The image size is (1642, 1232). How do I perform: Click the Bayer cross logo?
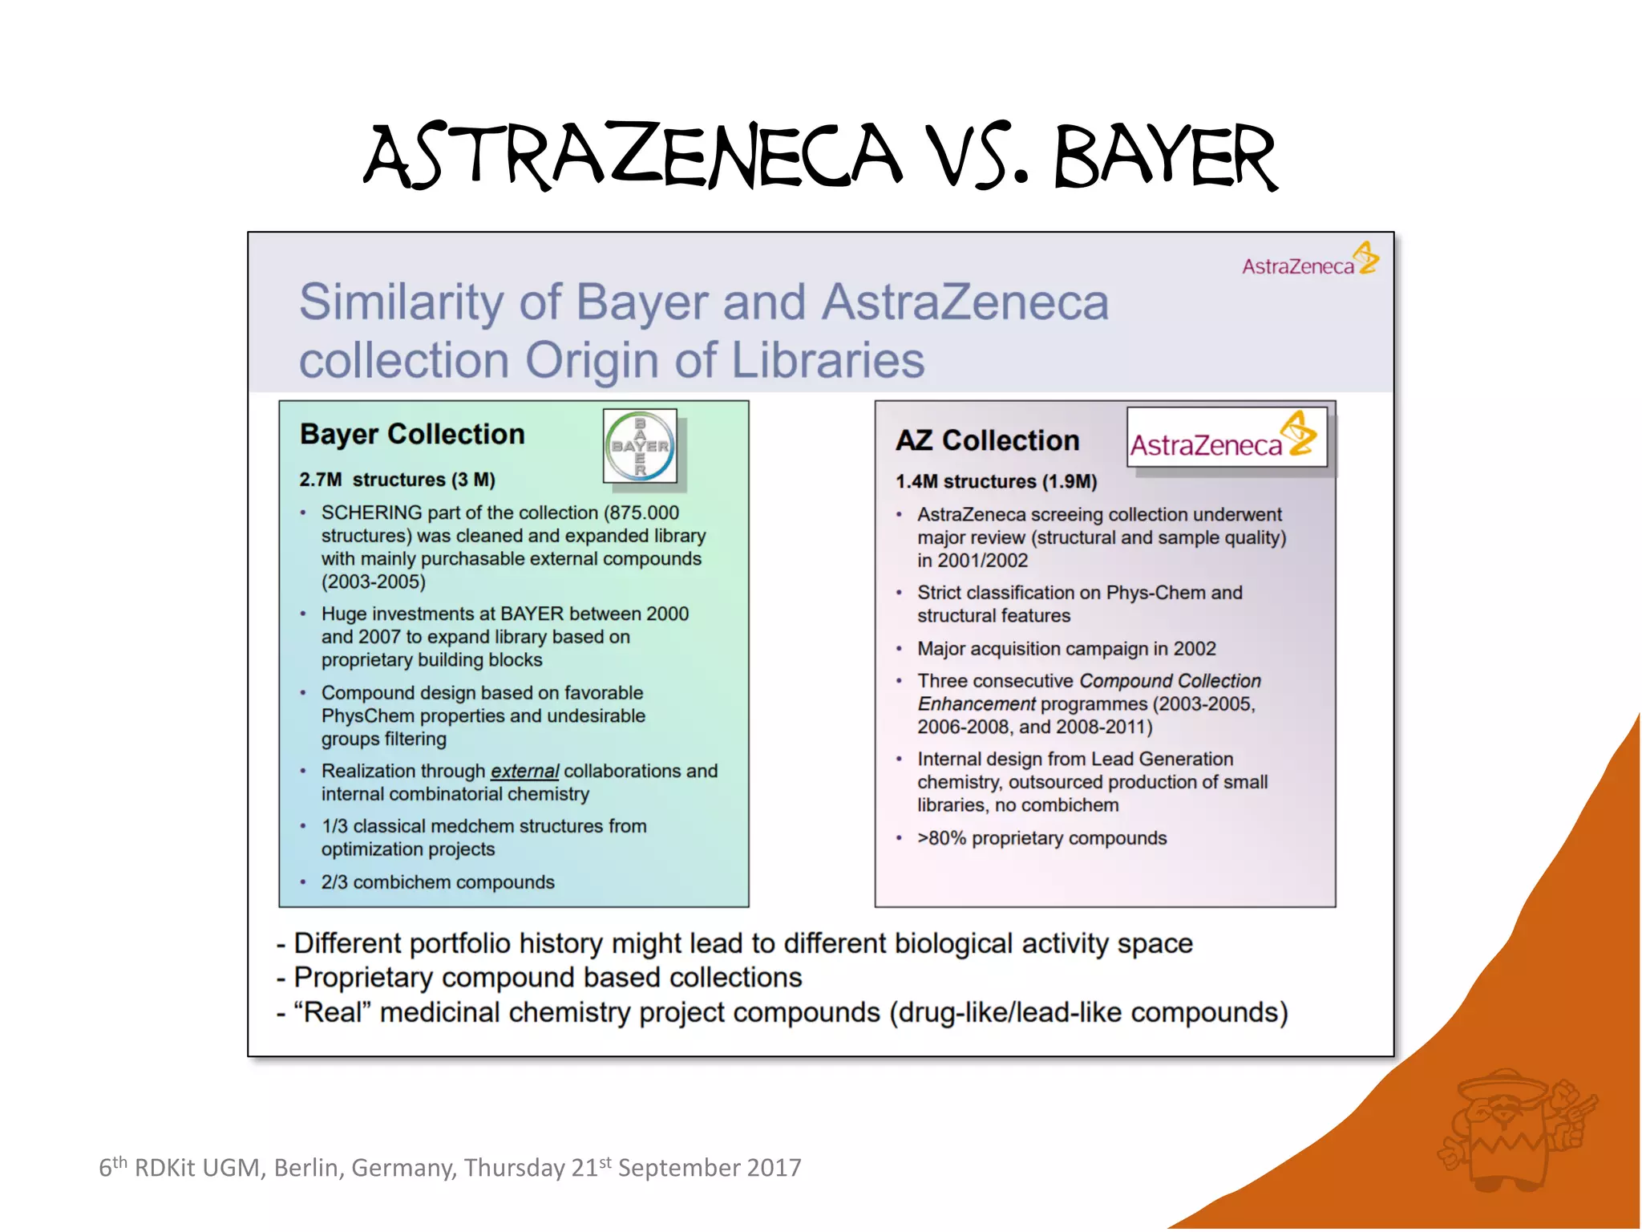[640, 446]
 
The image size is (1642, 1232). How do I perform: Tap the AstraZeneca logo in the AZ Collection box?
[1226, 438]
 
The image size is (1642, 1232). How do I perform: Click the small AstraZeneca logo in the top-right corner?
[1309, 260]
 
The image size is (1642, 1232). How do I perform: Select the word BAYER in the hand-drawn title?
[1164, 157]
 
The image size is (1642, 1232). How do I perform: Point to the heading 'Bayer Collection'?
[412, 434]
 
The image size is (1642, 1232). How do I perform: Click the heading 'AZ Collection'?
[987, 440]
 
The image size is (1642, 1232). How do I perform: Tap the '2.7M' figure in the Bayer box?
[320, 480]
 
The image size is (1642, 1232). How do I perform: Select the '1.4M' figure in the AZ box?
[916, 481]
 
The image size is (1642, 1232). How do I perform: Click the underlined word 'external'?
[524, 771]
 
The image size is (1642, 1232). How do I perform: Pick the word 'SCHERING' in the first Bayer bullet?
[371, 513]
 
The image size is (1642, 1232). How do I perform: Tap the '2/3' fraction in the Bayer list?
[334, 882]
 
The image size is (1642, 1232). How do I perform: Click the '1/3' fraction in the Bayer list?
[334, 826]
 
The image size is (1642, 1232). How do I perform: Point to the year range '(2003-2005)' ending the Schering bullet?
[374, 582]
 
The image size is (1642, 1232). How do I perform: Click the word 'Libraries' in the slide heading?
[827, 360]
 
